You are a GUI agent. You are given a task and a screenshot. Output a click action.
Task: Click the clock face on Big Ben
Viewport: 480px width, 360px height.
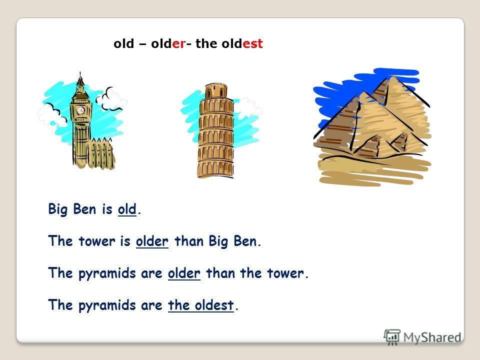pyautogui.click(x=81, y=110)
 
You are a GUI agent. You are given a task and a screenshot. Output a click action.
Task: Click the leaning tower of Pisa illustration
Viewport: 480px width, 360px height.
pyautogui.click(x=216, y=130)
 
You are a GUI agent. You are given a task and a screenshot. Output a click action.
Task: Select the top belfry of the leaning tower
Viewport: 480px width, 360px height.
pyautogui.click(x=216, y=90)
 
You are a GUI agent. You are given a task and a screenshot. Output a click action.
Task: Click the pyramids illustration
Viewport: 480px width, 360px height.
pyautogui.click(x=372, y=126)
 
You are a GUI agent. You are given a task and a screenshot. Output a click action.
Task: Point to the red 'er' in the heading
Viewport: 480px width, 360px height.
pyautogui.click(x=178, y=44)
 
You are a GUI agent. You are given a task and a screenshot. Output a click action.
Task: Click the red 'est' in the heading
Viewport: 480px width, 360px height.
pyautogui.click(x=252, y=44)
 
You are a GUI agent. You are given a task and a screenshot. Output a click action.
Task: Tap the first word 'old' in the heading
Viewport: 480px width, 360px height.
pyautogui.click(x=123, y=43)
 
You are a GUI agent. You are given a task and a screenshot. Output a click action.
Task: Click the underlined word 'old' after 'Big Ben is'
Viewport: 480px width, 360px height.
pyautogui.click(x=127, y=209)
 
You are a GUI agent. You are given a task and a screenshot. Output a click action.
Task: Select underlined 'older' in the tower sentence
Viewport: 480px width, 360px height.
pyautogui.click(x=152, y=241)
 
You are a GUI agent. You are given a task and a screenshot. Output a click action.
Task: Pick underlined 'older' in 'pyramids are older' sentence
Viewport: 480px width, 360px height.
pyautogui.click(x=184, y=273)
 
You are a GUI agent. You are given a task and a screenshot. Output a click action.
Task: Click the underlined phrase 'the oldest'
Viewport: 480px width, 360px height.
pyautogui.click(x=201, y=305)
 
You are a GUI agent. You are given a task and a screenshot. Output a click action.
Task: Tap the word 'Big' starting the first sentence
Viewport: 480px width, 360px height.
pyautogui.click(x=57, y=209)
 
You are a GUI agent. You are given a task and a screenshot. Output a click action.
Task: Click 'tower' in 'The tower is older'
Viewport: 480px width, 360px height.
pyautogui.click(x=97, y=241)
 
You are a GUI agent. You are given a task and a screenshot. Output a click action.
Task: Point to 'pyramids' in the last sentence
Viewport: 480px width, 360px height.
pyautogui.click(x=107, y=305)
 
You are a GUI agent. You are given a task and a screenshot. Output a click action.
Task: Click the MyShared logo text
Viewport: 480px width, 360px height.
pyautogui.click(x=432, y=337)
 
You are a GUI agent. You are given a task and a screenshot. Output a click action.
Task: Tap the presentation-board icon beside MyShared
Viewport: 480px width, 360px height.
pyautogui.click(x=392, y=337)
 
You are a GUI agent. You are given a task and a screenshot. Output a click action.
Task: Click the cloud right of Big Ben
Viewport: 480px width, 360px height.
pyautogui.click(x=111, y=99)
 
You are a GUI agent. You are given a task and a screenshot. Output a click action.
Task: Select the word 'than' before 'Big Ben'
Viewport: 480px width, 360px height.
pyautogui.click(x=189, y=241)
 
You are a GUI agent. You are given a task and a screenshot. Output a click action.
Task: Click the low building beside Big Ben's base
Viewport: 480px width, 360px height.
pyautogui.click(x=100, y=153)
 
